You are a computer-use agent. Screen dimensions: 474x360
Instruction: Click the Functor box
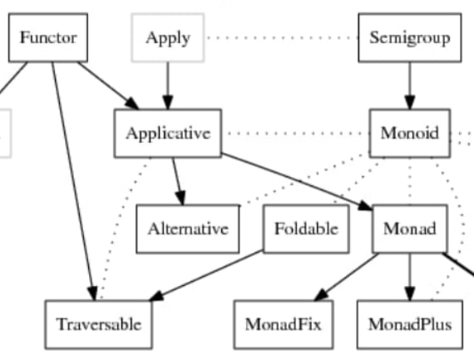click(48, 37)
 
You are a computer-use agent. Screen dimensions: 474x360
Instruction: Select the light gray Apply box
click(168, 37)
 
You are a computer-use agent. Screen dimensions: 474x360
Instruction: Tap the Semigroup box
click(410, 37)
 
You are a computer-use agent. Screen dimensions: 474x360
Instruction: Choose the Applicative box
click(168, 133)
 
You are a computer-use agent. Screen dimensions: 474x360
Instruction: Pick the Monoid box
click(410, 133)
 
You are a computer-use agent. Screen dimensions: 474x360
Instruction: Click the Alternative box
click(188, 229)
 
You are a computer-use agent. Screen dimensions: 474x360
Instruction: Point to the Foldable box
click(306, 229)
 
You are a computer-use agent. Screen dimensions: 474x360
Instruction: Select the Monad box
click(410, 229)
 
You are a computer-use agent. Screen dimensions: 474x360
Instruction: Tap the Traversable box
click(99, 324)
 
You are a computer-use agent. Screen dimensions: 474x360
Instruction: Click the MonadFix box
click(284, 324)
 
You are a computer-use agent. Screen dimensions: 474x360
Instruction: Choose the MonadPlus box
click(410, 324)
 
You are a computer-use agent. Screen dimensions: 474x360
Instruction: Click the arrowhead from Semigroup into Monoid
click(410, 102)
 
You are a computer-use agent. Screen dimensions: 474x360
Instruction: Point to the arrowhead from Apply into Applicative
click(168, 102)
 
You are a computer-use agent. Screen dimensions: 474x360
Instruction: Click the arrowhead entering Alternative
click(180, 198)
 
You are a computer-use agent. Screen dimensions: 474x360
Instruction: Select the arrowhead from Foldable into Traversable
click(156, 296)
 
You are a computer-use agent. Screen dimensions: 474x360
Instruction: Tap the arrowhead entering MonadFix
click(321, 294)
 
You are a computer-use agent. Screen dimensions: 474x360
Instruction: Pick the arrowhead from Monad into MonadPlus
click(410, 293)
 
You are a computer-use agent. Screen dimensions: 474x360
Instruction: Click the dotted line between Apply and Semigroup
click(281, 37)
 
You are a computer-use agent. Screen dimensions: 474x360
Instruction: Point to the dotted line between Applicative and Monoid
click(296, 133)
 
